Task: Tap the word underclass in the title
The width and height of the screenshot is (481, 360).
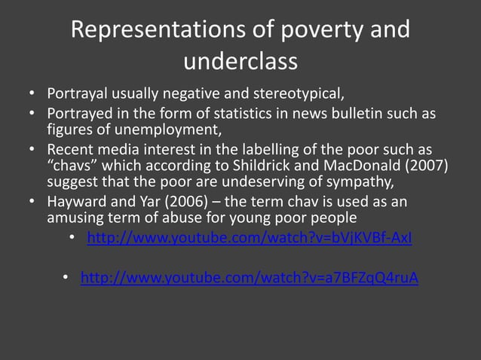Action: [240, 61]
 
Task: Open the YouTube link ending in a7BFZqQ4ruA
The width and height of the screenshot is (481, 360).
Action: [250, 279]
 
